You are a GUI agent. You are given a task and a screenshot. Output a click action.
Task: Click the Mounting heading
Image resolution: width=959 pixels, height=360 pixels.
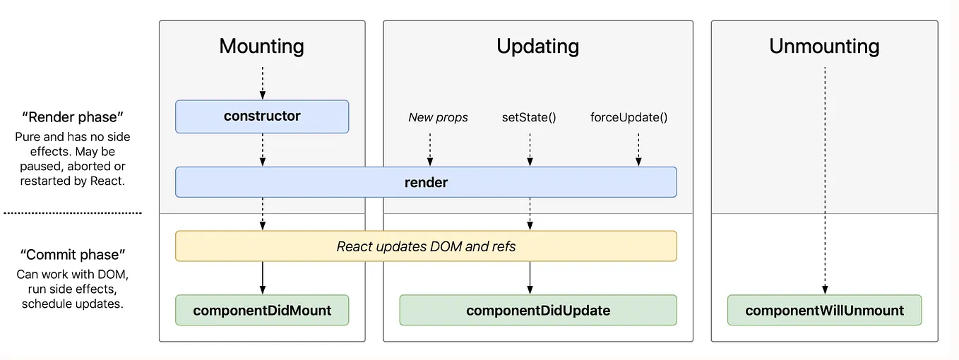pos(262,47)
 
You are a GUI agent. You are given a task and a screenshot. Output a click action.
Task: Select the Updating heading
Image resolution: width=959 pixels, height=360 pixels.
pos(537,47)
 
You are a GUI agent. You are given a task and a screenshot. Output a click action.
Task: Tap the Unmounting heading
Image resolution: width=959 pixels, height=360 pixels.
pos(824,47)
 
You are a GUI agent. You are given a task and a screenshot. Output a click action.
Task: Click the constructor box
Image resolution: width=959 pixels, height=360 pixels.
pos(262,116)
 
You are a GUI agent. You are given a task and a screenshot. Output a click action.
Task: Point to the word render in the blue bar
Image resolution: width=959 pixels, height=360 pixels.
pos(426,182)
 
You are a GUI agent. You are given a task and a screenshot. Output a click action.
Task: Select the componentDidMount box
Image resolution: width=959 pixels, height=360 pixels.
pos(262,310)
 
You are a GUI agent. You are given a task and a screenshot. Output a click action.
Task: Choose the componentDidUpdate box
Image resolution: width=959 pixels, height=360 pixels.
pos(537,310)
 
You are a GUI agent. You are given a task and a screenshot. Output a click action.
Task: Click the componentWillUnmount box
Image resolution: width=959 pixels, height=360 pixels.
pos(824,310)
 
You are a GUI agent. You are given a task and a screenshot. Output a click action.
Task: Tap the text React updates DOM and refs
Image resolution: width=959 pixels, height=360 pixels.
pos(426,246)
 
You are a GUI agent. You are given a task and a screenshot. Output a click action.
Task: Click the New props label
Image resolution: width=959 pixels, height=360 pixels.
pos(438,117)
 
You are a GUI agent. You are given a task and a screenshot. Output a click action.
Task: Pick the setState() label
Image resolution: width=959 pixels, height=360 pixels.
pos(529,117)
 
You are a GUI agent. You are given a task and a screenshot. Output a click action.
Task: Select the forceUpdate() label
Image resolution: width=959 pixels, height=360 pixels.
pos(629,117)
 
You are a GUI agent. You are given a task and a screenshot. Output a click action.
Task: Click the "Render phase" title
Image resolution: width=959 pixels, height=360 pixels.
pos(73,116)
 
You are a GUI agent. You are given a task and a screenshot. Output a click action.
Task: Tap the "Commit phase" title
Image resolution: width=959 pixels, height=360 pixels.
pos(73,254)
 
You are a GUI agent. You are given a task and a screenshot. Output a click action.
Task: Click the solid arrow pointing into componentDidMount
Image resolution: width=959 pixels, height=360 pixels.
pos(263,277)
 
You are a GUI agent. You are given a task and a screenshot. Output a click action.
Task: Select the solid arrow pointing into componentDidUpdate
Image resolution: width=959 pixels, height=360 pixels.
pos(530,277)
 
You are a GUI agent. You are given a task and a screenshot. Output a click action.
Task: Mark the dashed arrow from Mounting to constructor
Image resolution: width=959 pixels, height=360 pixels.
pos(263,83)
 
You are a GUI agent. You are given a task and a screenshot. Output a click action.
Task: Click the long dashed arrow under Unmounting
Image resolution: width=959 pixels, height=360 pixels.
pos(824,176)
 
